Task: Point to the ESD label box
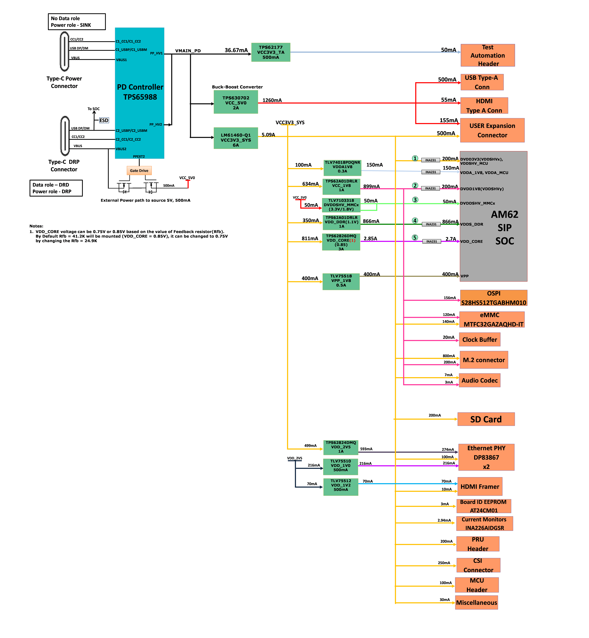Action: (x=104, y=120)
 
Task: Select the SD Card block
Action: (x=486, y=419)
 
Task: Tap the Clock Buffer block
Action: (x=480, y=339)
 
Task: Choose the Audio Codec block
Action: (x=480, y=380)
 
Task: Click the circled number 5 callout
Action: (x=415, y=237)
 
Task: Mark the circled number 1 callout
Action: (x=415, y=158)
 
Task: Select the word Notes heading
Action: (x=36, y=226)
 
